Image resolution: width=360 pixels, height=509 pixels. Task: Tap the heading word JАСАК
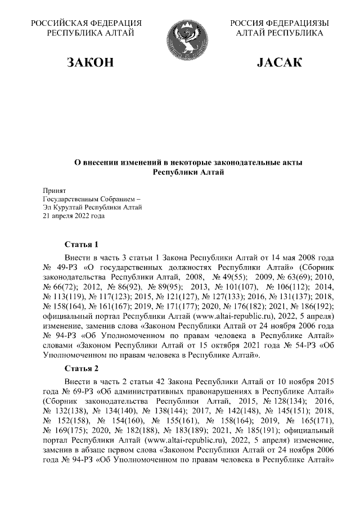(x=280, y=62)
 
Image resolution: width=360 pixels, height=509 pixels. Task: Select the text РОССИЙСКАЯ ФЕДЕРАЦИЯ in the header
(x=85, y=23)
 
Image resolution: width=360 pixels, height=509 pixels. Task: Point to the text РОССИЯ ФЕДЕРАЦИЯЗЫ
(x=280, y=23)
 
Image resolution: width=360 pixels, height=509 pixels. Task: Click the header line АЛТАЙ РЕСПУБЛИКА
(x=280, y=34)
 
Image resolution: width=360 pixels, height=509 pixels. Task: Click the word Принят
(x=55, y=192)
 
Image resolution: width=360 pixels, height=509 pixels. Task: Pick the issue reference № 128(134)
(x=277, y=402)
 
